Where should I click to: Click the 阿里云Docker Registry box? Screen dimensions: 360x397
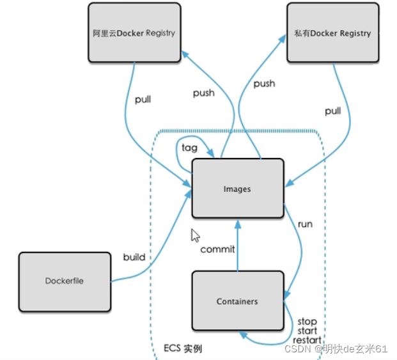(133, 33)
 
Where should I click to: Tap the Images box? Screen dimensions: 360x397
(237, 189)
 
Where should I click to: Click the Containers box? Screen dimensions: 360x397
(237, 301)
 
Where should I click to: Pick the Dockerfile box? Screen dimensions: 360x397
(64, 281)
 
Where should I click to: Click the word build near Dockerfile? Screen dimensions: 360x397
(134, 257)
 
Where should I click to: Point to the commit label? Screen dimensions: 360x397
(217, 249)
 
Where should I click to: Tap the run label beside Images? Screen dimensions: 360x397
(305, 225)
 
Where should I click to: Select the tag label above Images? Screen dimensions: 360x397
(189, 147)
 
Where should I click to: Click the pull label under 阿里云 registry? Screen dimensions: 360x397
(143, 100)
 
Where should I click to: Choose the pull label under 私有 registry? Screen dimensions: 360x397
(332, 111)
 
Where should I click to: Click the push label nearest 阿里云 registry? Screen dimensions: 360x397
(203, 93)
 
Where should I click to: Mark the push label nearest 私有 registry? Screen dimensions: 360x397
(264, 83)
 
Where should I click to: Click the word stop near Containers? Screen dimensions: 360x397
(307, 321)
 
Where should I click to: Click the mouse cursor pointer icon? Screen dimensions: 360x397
(196, 235)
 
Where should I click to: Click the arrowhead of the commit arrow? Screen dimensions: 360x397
(237, 223)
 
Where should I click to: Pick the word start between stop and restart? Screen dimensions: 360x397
(307, 331)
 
